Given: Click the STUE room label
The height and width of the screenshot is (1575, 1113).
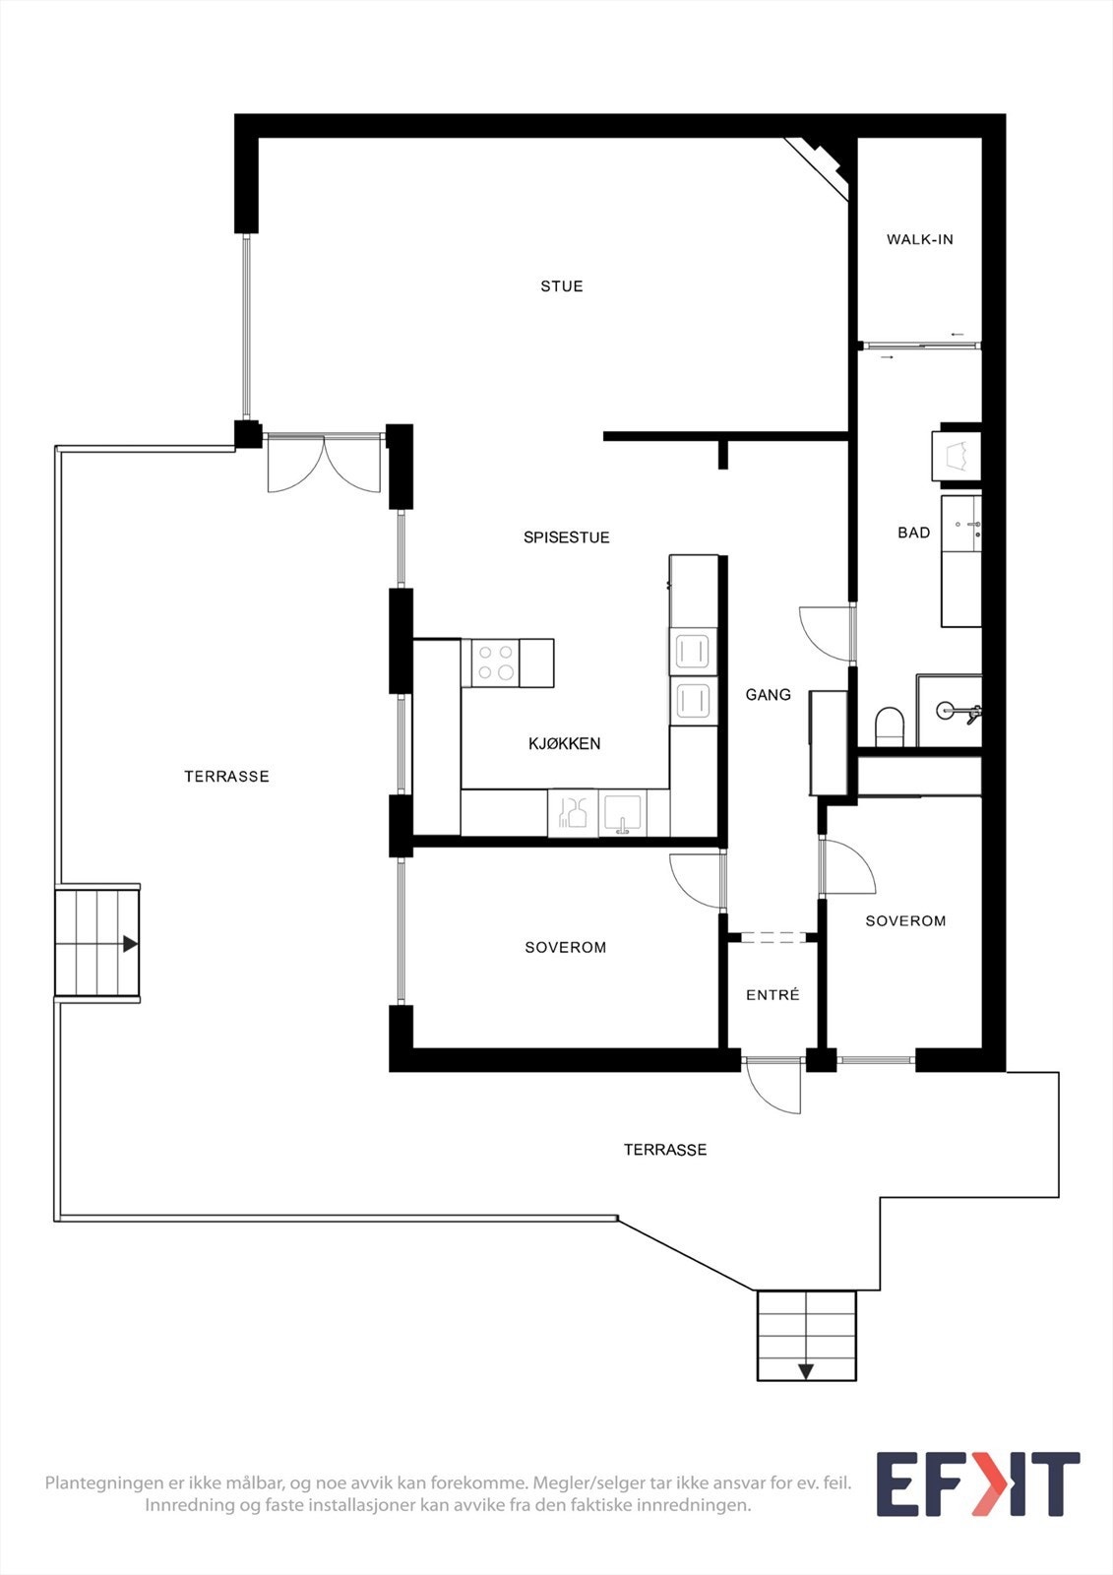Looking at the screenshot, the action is pos(561,286).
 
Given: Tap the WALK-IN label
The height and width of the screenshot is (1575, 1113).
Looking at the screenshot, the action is pos(920,239).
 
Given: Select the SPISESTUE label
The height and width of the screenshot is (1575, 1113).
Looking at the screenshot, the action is pos(566,537).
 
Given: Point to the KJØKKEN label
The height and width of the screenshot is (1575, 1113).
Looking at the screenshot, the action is pos(564,743).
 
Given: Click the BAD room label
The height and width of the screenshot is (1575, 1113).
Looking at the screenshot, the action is pos(913,533).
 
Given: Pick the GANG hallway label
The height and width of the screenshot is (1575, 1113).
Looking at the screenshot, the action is pos(768,695).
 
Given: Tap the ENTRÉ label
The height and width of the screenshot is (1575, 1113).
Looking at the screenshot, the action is pos(773,995).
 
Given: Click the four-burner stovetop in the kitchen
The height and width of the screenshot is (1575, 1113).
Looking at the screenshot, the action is pos(490,663).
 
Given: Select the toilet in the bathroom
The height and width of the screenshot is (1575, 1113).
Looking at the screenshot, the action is pos(890,725).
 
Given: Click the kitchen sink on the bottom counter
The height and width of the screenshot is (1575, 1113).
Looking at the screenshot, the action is pos(623,814).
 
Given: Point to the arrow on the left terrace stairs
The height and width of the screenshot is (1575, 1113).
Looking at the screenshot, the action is pos(130,944).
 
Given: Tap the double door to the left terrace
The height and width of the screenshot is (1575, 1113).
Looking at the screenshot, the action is pos(324,463).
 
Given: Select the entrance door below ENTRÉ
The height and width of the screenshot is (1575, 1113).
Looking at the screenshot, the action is pos(772,1087).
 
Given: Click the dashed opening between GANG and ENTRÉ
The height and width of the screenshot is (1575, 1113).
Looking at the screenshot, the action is pos(773,936).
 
